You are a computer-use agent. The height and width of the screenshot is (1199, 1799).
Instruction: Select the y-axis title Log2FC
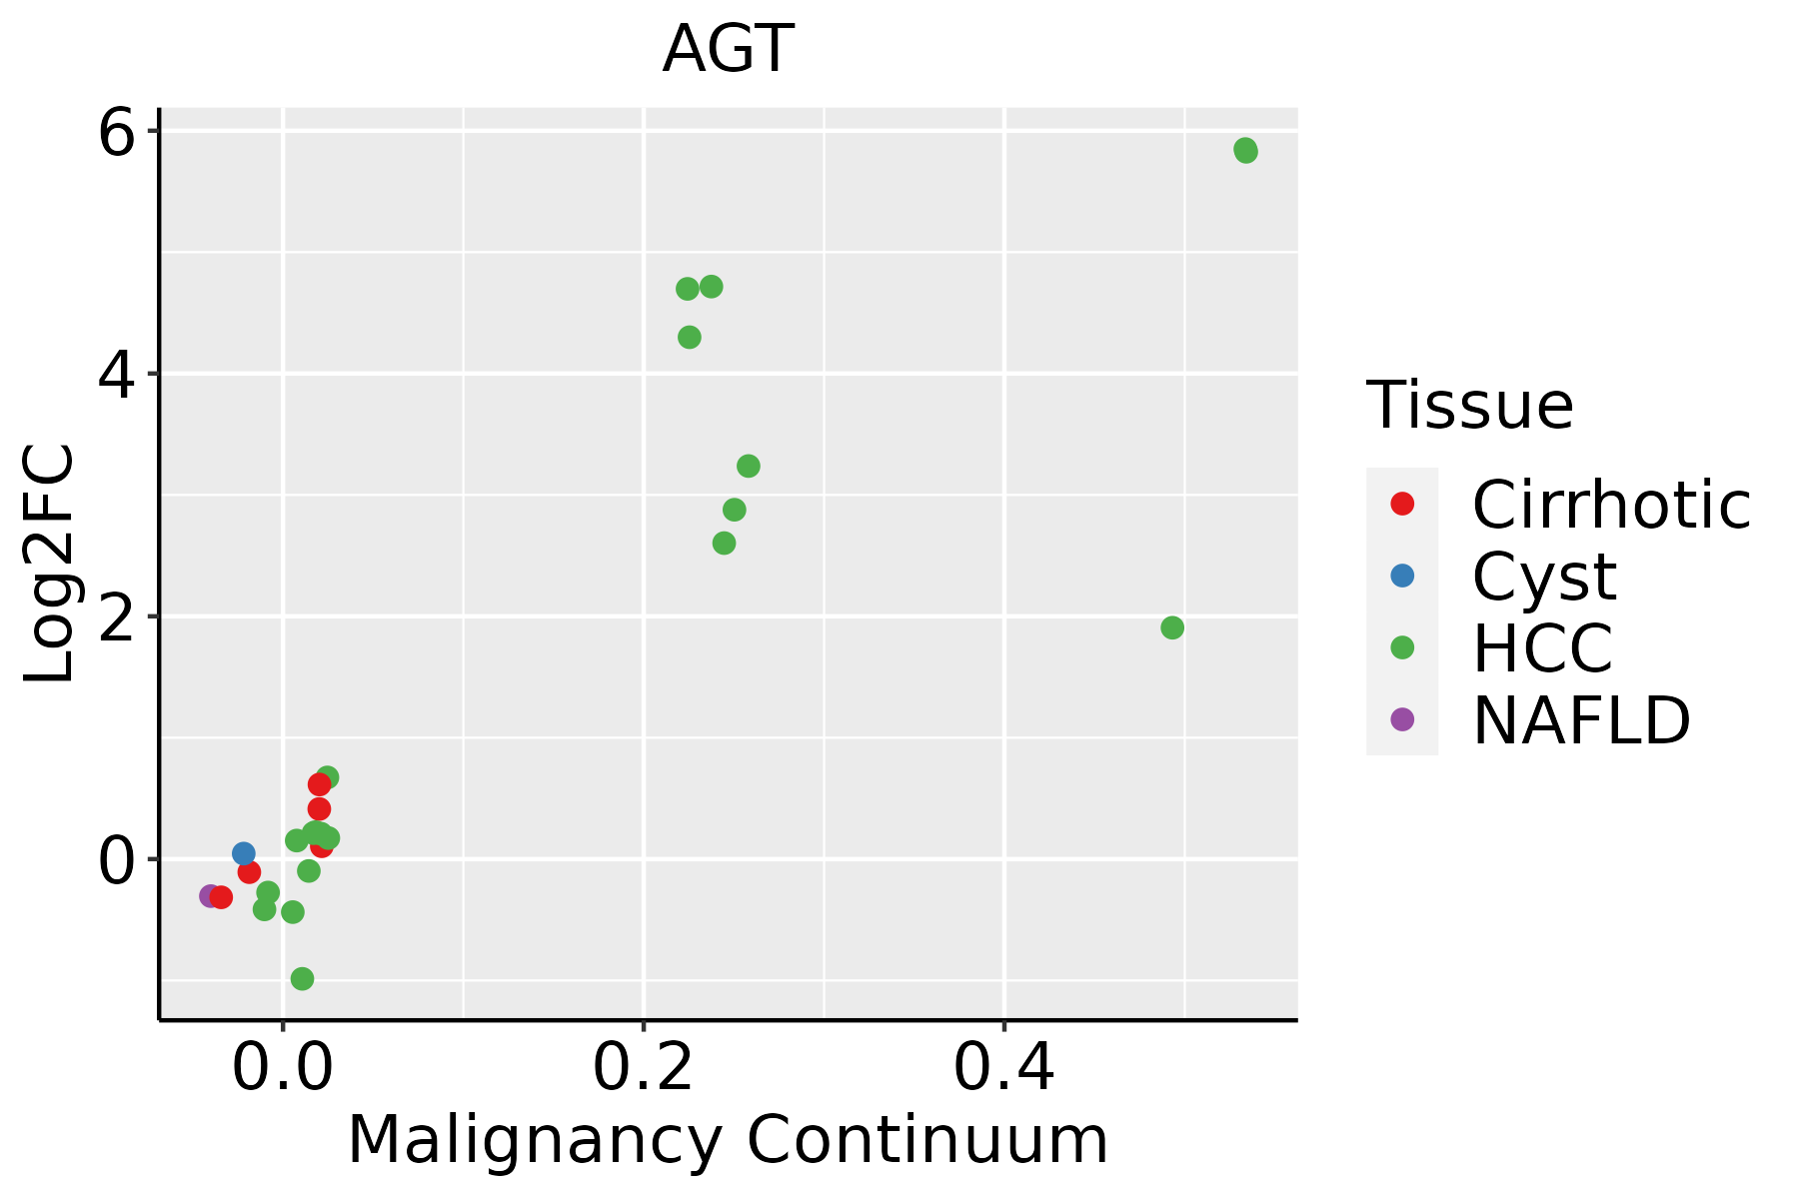pyautogui.click(x=50, y=565)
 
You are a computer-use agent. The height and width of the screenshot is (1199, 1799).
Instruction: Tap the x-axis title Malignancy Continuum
pyautogui.click(x=728, y=1141)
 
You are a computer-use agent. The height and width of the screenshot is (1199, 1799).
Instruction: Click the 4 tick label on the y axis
pyautogui.click(x=116, y=374)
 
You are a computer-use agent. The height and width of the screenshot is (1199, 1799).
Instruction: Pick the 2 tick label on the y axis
pyautogui.click(x=116, y=616)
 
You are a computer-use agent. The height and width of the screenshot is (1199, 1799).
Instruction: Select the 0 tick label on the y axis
pyautogui.click(x=116, y=859)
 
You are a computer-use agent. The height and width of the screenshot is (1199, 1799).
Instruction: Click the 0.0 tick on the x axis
pyautogui.click(x=283, y=1069)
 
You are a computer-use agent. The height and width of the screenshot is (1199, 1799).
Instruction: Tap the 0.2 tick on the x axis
pyautogui.click(x=644, y=1069)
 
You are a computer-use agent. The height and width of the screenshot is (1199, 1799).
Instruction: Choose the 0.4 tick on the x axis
pyautogui.click(x=1004, y=1069)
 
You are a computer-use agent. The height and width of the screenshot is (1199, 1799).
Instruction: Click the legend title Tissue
pyautogui.click(x=1470, y=406)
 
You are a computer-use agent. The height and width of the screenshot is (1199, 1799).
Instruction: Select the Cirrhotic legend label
pyautogui.click(x=1611, y=505)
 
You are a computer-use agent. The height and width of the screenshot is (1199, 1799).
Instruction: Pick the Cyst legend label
pyautogui.click(x=1544, y=577)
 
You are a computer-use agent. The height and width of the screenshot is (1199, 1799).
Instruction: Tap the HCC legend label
pyautogui.click(x=1542, y=648)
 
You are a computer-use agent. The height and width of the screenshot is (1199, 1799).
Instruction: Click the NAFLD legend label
pyautogui.click(x=1581, y=720)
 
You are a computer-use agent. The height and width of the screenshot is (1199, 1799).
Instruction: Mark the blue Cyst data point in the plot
pyautogui.click(x=243, y=853)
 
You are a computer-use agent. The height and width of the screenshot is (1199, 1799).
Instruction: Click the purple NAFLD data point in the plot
pyautogui.click(x=209, y=896)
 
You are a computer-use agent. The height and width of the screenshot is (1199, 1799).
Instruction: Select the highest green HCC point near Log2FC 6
pyautogui.click(x=1245, y=151)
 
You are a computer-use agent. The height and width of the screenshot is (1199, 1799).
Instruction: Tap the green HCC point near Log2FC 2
pyautogui.click(x=1172, y=627)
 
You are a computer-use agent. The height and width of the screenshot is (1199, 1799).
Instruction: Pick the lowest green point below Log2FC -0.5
pyautogui.click(x=302, y=978)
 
